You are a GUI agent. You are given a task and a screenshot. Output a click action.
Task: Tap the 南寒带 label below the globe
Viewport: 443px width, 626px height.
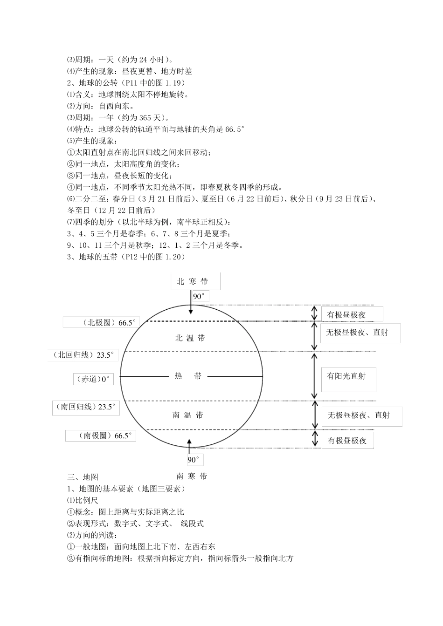pos(191,476)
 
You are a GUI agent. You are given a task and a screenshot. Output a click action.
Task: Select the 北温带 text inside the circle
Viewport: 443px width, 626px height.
pos(190,338)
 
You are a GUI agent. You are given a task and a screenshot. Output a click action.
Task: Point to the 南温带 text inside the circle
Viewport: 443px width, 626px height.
pos(187,415)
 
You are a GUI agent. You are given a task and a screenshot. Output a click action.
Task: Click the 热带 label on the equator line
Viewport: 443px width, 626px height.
pos(188,376)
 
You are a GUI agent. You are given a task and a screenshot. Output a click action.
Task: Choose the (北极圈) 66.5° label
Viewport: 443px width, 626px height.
pos(102,322)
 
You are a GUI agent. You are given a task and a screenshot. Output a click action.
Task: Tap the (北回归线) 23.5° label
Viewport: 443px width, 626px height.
pos(83,355)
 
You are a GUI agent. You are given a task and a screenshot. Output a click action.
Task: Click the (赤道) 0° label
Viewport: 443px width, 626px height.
pos(93,379)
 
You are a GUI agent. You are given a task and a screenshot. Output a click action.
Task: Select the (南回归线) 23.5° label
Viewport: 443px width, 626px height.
pos(87,407)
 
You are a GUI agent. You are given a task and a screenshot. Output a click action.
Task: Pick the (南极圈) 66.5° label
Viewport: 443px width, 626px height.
pos(101,436)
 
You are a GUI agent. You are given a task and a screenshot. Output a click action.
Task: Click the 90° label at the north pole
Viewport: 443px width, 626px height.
pos(199,297)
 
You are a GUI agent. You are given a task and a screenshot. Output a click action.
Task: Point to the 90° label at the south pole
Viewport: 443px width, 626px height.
pos(194,460)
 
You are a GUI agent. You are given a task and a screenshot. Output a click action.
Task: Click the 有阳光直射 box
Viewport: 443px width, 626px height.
pos(348,376)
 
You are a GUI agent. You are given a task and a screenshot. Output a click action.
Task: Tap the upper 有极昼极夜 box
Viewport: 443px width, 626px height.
pos(352,314)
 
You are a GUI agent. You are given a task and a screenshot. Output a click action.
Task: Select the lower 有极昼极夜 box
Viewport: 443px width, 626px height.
pos(347,440)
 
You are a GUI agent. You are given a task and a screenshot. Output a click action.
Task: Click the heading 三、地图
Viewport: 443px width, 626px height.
pos(83,477)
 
